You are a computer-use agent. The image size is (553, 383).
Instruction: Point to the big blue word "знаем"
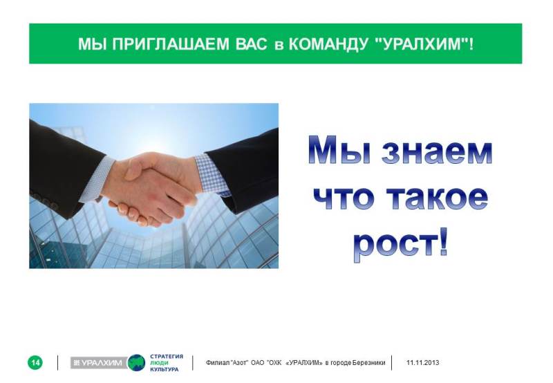pyautogui.click(x=437, y=151)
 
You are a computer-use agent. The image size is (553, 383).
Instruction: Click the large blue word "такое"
pyautogui.click(x=437, y=198)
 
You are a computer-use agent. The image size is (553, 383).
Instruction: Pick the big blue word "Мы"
pyautogui.click(x=339, y=149)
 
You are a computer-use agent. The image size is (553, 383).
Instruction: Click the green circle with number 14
pyautogui.click(x=35, y=362)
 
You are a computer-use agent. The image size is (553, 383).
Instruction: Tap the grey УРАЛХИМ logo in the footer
pyautogui.click(x=99, y=362)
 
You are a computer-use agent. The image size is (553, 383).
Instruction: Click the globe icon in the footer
pyautogui.click(x=136, y=362)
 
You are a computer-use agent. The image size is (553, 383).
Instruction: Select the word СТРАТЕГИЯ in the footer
pyautogui.click(x=167, y=357)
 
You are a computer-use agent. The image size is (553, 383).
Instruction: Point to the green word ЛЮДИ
pyautogui.click(x=160, y=363)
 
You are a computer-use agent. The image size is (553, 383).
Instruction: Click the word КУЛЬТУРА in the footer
pyautogui.click(x=165, y=369)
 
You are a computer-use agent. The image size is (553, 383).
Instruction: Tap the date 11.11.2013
pyautogui.click(x=423, y=362)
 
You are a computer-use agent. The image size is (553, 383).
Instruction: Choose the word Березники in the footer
pyautogui.click(x=369, y=362)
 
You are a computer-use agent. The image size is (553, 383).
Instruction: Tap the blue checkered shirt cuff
pyautogui.click(x=212, y=175)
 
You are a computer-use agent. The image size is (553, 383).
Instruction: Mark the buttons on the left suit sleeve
pyautogui.click(x=45, y=200)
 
